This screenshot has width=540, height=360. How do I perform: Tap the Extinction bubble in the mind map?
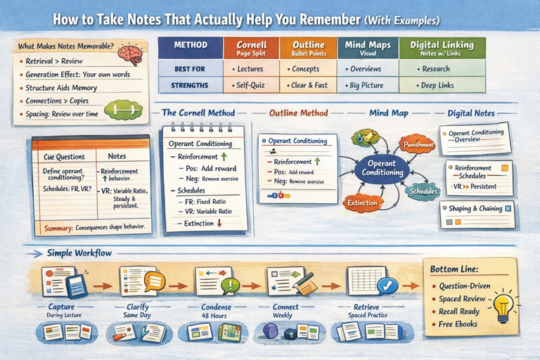point(364,202)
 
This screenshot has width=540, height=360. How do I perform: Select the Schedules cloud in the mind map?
point(424,191)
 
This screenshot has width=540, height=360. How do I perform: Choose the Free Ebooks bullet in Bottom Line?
point(458,324)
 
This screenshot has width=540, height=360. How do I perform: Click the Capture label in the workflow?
point(61,307)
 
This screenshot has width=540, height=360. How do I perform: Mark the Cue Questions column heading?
point(64,157)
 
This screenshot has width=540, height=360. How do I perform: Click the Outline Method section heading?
point(299,112)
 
